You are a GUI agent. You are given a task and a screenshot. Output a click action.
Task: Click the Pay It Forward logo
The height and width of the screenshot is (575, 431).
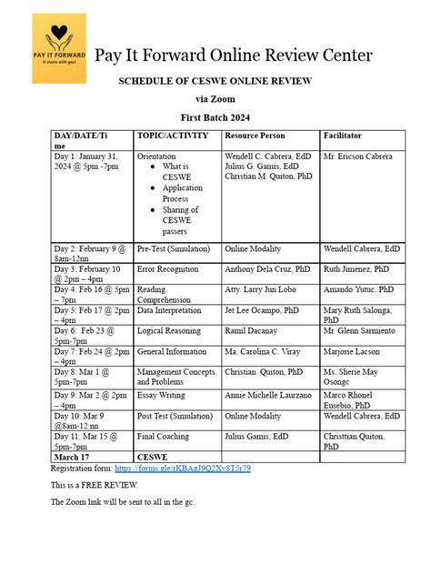pyautogui.click(x=58, y=48)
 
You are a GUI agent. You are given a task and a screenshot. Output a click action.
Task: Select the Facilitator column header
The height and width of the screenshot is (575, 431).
pyautogui.click(x=346, y=135)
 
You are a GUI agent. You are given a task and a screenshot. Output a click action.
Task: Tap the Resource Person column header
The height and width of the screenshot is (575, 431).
pyautogui.click(x=254, y=135)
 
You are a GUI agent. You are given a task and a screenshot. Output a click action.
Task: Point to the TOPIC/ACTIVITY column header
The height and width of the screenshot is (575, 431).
pyautogui.click(x=172, y=135)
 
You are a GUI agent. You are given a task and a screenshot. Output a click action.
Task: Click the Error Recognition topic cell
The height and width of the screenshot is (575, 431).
pyautogui.click(x=169, y=269)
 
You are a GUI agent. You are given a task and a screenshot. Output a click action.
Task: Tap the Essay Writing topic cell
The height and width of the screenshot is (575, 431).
pyautogui.click(x=161, y=395)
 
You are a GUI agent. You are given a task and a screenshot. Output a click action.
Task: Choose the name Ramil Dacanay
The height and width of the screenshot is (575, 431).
pyautogui.click(x=250, y=331)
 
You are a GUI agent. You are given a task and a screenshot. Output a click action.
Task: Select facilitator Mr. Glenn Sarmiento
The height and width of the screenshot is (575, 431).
pyautogui.click(x=361, y=331)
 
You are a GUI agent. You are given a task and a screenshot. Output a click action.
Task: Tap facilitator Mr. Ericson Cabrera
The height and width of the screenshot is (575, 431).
pyautogui.click(x=358, y=156)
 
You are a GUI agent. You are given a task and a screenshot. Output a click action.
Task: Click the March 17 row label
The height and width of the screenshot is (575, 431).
pyautogui.click(x=73, y=456)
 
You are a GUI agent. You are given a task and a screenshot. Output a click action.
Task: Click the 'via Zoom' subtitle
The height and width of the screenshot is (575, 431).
pyautogui.click(x=215, y=99)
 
